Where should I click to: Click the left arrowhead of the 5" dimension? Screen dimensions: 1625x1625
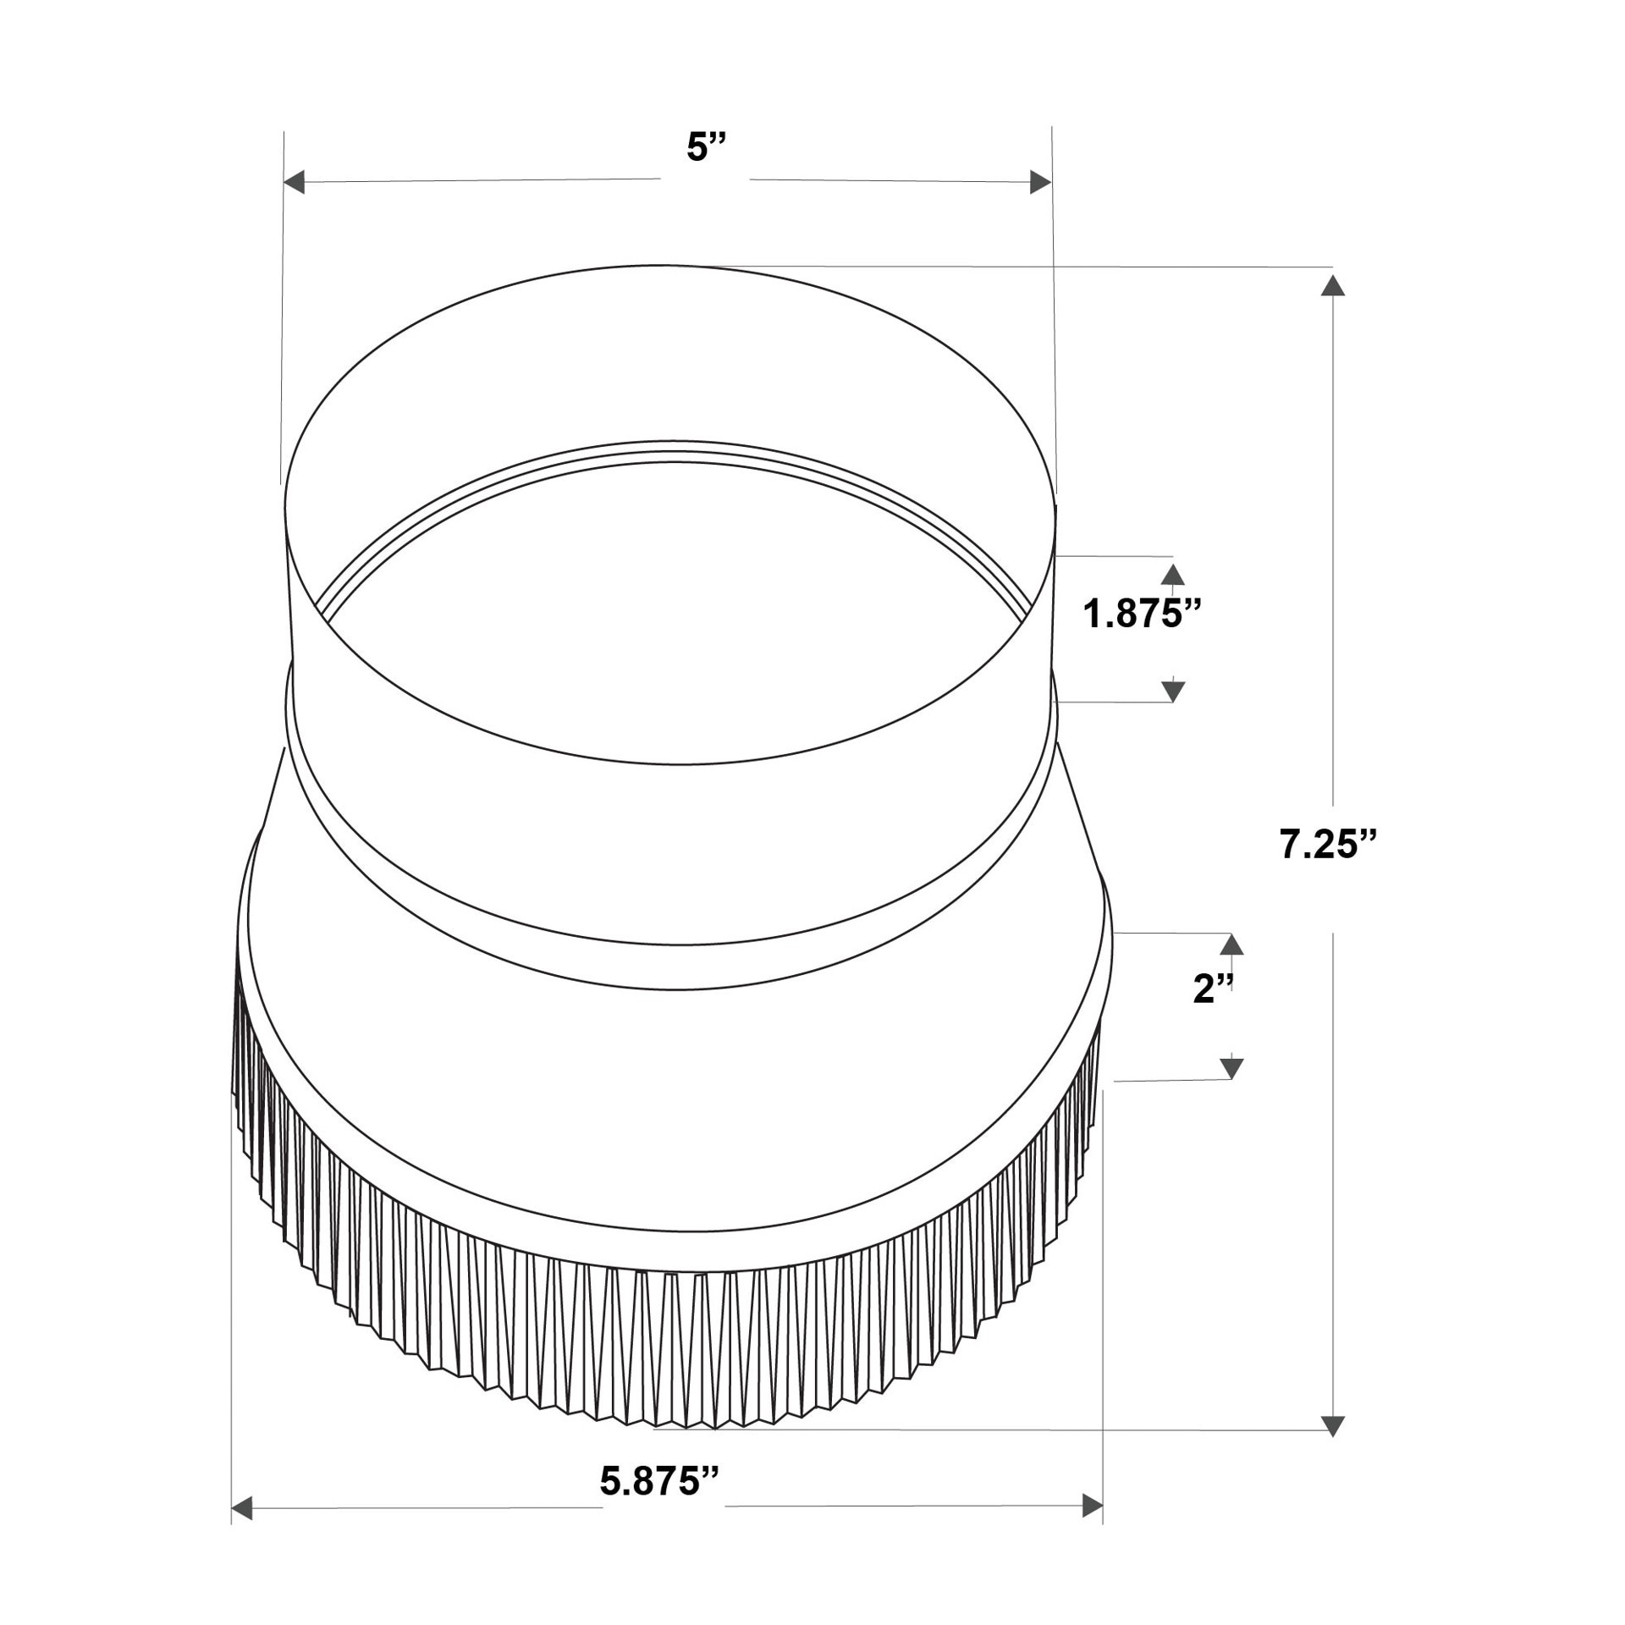[294, 182]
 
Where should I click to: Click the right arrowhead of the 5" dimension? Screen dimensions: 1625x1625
[1040, 182]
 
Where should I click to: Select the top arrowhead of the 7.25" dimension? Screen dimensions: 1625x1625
[1333, 285]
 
